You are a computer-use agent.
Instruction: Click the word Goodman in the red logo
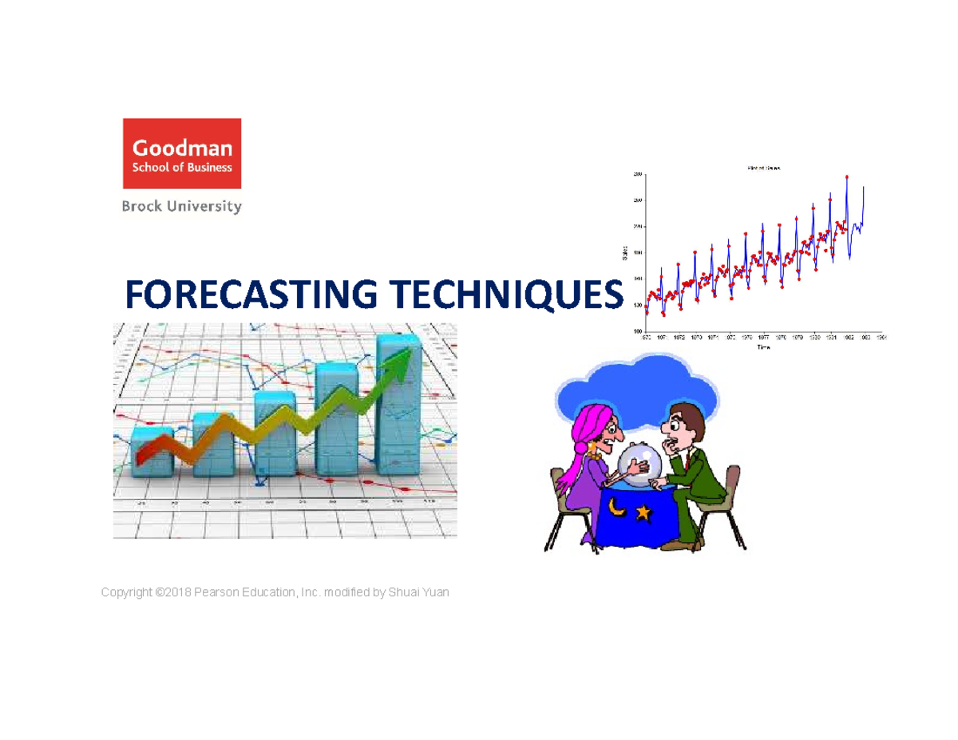click(x=182, y=148)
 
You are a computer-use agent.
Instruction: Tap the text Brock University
click(x=181, y=206)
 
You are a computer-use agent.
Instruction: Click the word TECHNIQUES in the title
click(x=502, y=295)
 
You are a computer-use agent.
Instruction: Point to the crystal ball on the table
click(x=640, y=467)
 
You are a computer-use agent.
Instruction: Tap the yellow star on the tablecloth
click(x=642, y=513)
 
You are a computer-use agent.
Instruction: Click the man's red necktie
click(x=687, y=461)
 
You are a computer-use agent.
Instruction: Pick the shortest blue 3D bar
click(x=152, y=453)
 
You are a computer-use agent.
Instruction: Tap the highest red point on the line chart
click(x=847, y=177)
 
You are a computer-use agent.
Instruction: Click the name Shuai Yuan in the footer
click(x=418, y=592)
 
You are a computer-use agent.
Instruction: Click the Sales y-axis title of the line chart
click(x=625, y=253)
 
